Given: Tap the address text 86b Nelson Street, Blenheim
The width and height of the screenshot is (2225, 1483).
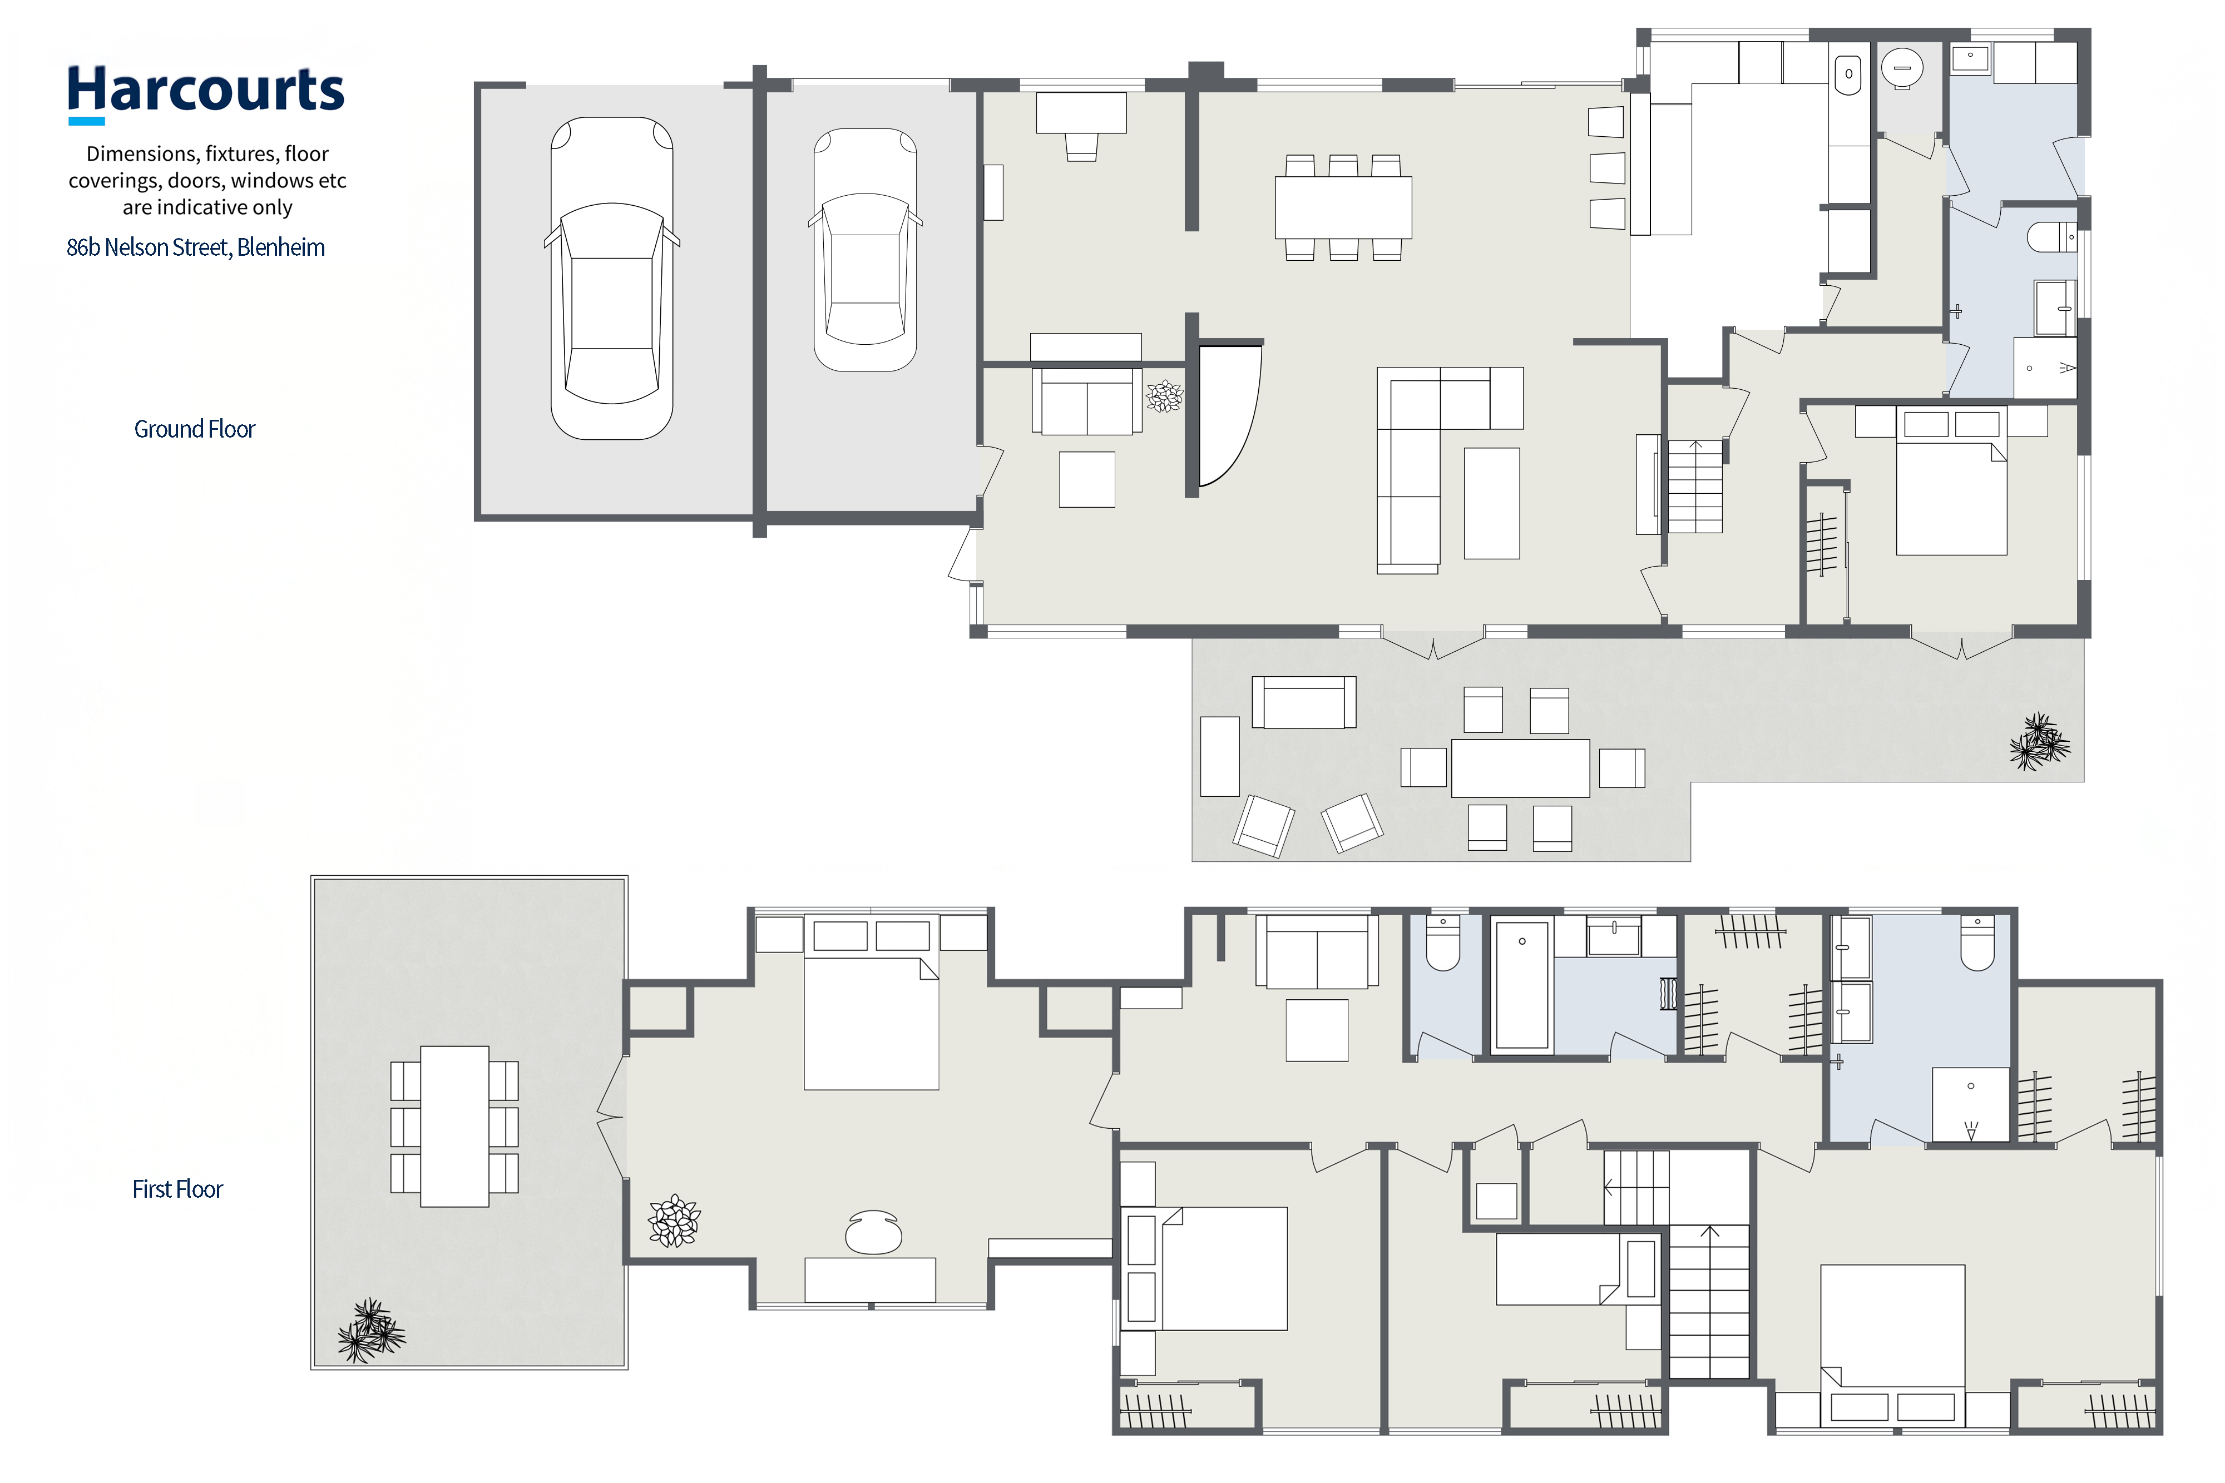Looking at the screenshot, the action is (196, 248).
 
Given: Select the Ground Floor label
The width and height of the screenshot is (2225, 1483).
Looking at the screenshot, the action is (194, 429).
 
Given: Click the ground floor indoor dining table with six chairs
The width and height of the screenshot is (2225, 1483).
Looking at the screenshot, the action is (1343, 207).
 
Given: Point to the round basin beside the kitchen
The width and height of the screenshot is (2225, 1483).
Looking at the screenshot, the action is (1901, 68).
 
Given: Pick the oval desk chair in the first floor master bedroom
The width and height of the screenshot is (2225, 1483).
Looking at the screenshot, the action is (873, 1232).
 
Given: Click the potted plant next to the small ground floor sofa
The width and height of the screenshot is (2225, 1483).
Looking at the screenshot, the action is (1165, 396).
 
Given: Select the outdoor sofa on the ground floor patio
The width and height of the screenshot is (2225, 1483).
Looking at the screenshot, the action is (1304, 702).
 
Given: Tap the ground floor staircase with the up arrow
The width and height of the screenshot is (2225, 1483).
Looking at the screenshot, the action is (1694, 486).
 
